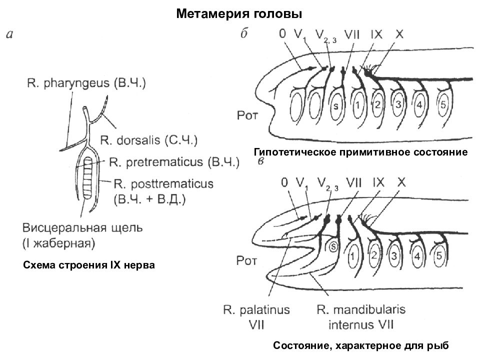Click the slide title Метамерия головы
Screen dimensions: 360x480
click(239, 14)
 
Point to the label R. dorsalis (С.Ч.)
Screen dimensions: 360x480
click(148, 139)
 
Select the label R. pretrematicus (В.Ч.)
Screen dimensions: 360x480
click(173, 161)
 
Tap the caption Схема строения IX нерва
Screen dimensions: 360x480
click(89, 265)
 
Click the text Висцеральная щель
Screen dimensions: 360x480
click(82, 228)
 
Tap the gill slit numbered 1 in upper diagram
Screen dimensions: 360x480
click(358, 106)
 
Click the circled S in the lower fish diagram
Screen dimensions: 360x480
click(334, 246)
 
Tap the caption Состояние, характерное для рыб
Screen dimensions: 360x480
click(361, 345)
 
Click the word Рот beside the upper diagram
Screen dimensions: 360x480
click(247, 116)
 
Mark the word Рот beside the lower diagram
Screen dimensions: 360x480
click(246, 259)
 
